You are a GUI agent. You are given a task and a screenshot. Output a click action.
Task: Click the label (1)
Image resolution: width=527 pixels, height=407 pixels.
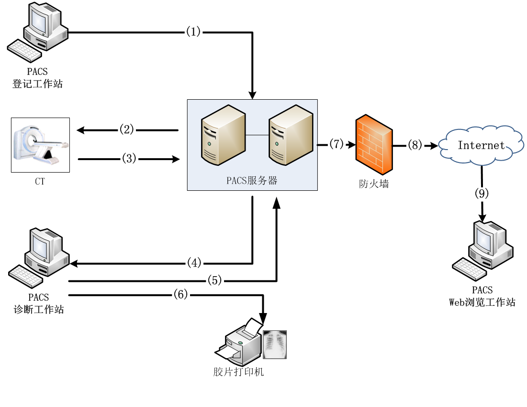[x=193, y=32]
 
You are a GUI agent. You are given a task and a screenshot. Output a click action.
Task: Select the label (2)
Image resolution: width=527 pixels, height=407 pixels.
[x=127, y=129]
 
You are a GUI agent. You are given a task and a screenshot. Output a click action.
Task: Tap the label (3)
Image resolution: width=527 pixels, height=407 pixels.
[x=129, y=159]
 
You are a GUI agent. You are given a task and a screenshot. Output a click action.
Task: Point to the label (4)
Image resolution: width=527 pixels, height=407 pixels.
[x=194, y=263]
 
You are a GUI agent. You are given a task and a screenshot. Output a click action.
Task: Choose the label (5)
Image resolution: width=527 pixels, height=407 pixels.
[x=215, y=280]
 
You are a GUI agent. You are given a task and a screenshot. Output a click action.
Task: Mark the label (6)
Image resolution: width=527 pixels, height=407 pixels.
[x=181, y=295]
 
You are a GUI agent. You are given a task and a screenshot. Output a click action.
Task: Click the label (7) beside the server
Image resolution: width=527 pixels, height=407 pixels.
[x=336, y=144]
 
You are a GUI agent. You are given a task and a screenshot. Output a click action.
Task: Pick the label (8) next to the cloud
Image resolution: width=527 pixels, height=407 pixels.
[x=415, y=145]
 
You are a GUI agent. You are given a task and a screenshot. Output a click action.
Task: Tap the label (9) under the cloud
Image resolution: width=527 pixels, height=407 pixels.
[x=482, y=194]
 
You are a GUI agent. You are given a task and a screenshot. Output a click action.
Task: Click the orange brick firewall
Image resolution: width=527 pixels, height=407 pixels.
[x=374, y=144]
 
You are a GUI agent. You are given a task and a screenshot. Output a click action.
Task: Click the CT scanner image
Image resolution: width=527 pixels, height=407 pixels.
[x=41, y=145]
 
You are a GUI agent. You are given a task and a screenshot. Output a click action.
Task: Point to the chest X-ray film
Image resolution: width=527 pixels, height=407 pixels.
[x=275, y=344]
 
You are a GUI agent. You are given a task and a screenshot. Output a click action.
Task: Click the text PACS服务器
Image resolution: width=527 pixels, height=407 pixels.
[x=252, y=181]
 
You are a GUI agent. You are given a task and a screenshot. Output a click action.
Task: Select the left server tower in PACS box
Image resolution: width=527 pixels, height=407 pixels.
[x=223, y=136]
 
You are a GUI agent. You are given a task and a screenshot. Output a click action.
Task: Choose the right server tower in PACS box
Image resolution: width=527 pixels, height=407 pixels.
[x=291, y=136]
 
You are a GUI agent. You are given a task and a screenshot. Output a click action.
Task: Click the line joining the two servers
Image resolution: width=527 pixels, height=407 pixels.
[x=257, y=135]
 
